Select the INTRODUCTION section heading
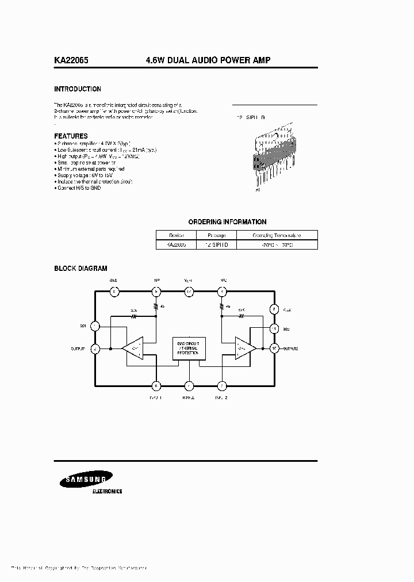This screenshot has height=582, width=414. (x=78, y=89)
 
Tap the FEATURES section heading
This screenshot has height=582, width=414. (x=71, y=136)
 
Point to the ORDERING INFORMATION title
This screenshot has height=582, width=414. (x=227, y=222)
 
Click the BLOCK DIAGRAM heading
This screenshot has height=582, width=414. (x=80, y=269)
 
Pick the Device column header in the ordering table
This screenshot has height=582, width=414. (x=176, y=235)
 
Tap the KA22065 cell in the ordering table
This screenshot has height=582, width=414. (x=176, y=245)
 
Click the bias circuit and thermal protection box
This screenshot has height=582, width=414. (x=189, y=349)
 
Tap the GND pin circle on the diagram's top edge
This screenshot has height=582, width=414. (x=114, y=292)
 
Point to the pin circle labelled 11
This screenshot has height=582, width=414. (x=275, y=328)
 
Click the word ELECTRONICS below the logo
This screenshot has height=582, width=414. (x=107, y=492)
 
